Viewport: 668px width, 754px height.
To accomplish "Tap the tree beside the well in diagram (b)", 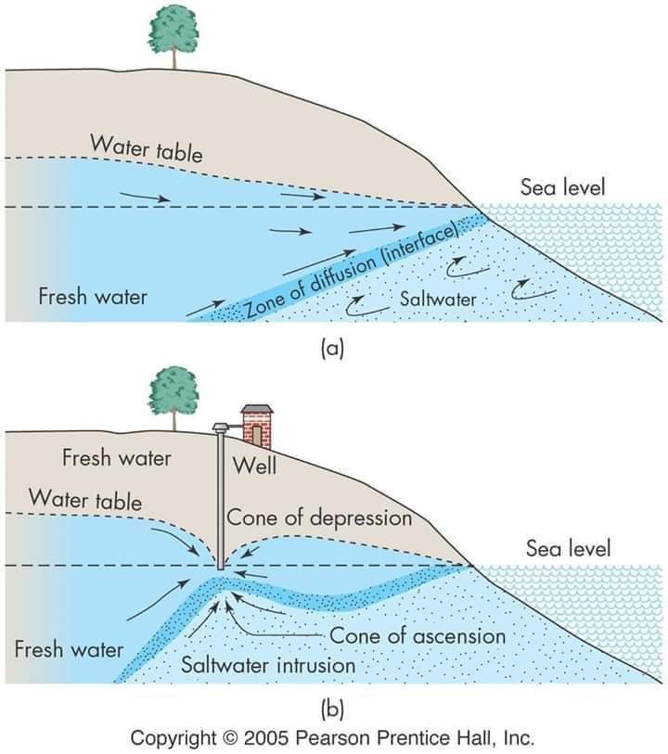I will coord(173,393).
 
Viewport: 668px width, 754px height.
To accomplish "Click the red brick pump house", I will coord(256,427).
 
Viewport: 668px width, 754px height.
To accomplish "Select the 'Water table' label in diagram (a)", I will coord(146,147).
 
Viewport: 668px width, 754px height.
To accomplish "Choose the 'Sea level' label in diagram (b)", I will coord(568,548).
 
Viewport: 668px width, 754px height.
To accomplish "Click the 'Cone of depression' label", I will coord(319,518).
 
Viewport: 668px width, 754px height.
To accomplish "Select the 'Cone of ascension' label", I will coord(417,636).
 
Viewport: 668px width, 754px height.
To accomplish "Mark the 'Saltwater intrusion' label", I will coord(268,665).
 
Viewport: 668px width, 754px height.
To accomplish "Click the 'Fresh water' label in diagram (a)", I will coord(92,297).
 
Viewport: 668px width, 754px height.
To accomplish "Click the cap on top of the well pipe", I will coord(221,428).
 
